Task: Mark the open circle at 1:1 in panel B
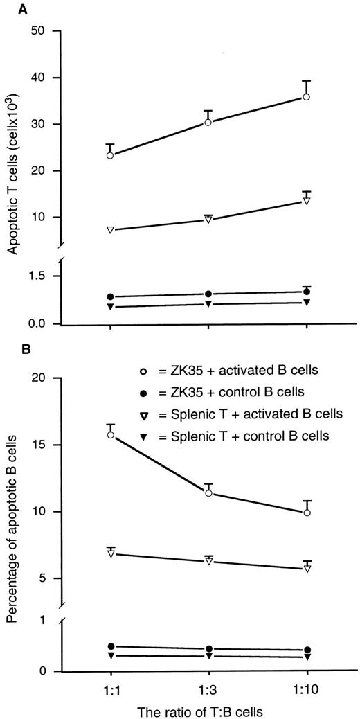[111, 435]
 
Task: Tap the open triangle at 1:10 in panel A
[306, 201]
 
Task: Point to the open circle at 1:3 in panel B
[208, 493]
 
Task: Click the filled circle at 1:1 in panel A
[111, 296]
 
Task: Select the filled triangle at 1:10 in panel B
[306, 657]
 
